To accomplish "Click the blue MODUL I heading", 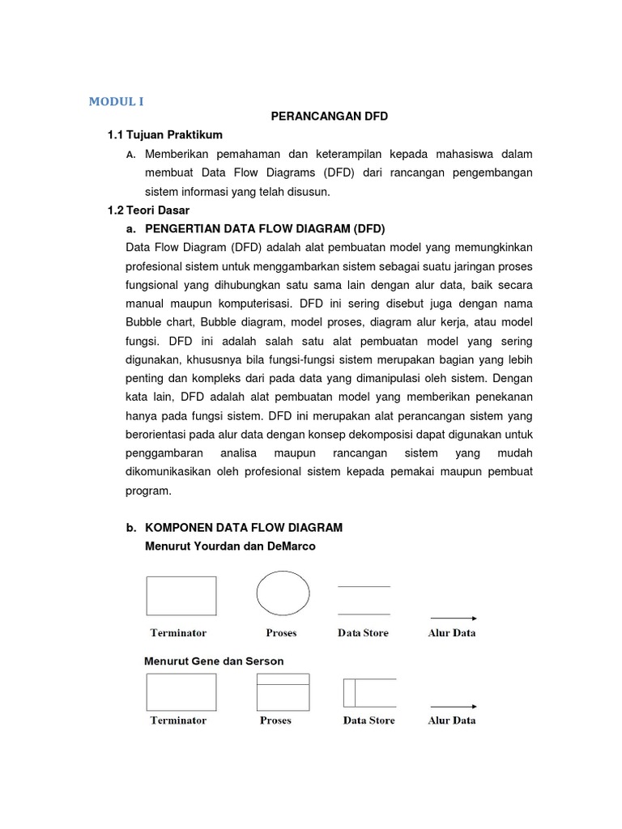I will tap(116, 101).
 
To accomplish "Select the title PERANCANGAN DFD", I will tap(329, 117).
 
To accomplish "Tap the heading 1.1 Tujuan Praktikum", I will tap(165, 134).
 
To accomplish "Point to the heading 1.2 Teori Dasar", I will tap(148, 210).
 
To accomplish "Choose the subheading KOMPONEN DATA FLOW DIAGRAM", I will tap(243, 528).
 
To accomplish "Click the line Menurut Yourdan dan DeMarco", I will tap(230, 546).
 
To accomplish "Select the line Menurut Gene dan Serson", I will tap(214, 661).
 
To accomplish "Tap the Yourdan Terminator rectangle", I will tap(181, 596).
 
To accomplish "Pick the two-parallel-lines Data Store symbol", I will tap(364, 600).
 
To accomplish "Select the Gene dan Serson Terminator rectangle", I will tap(181, 692).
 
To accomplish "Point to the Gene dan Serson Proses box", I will tap(283, 691).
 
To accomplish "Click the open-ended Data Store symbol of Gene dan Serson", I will tap(369, 692).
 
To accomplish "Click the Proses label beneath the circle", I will tap(281, 633).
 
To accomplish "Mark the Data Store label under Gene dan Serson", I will tap(369, 721).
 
